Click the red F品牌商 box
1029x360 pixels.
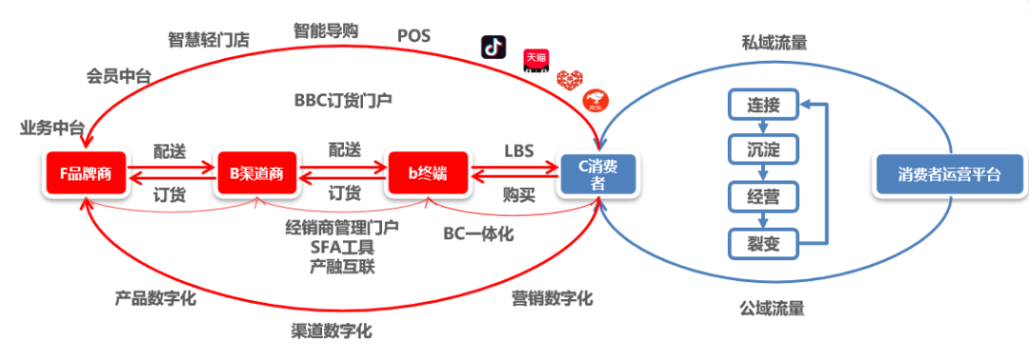pos(86,173)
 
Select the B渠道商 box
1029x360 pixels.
pos(255,173)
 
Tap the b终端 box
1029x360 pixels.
pos(428,173)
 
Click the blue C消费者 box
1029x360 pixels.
pos(598,174)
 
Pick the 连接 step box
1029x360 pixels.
pos(763,105)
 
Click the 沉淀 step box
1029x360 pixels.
pos(763,150)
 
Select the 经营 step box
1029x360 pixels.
pos(763,197)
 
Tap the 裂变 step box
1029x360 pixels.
pos(763,244)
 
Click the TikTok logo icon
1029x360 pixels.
pos(494,47)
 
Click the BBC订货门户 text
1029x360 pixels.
pos(344,99)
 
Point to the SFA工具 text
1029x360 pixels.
pos(342,248)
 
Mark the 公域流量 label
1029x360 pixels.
pos(772,308)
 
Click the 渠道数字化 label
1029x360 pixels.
pos(331,331)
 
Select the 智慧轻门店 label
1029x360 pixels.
pos(209,39)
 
